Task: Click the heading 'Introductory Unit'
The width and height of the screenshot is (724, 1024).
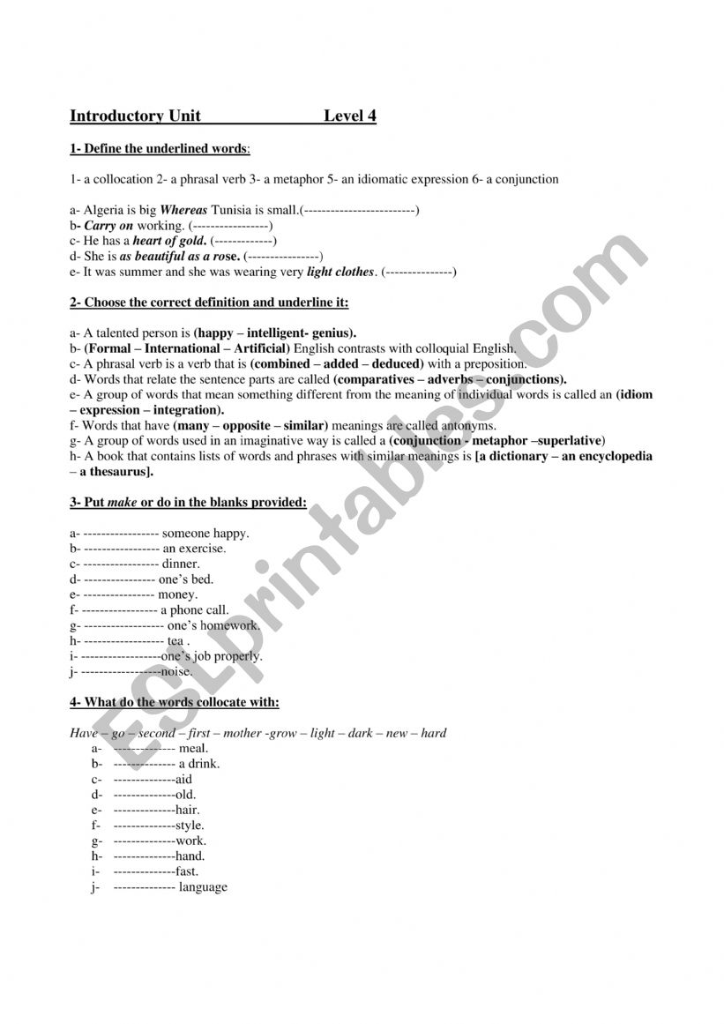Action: (135, 116)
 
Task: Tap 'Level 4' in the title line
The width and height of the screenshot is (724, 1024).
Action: (350, 116)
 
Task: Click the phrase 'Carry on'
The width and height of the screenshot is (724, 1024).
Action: (108, 226)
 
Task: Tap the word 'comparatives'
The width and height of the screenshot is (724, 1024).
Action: (376, 379)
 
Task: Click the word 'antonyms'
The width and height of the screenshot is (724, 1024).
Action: (452, 425)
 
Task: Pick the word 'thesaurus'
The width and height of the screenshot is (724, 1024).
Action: (118, 472)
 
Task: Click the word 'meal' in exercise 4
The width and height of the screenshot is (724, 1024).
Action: (193, 749)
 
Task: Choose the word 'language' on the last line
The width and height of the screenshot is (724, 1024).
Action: (203, 887)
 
